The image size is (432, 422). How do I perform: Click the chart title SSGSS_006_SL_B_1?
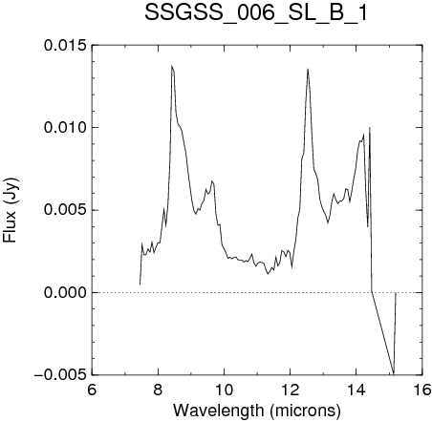coord(256,13)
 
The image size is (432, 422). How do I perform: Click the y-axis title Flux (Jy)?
coord(11,210)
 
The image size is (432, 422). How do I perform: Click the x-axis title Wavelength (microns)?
coord(257,411)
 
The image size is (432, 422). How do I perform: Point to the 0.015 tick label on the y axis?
coord(65,45)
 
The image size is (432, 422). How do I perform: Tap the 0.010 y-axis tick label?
coord(65,128)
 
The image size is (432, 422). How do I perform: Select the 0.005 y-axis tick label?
coord(65,210)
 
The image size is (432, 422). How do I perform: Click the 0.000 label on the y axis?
coord(65,292)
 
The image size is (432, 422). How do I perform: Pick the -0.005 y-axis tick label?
coord(60,375)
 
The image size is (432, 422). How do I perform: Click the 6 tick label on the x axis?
coord(92,390)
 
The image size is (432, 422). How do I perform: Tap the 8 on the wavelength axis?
coord(158,390)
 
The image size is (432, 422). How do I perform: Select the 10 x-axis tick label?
coord(225,390)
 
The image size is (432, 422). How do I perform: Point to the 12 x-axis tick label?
coord(291,390)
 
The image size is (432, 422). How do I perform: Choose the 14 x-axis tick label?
coord(356,390)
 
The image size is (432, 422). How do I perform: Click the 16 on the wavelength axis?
coord(422,390)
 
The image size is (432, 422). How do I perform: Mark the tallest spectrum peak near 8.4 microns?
coord(172,66)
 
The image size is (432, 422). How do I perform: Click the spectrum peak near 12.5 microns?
coord(308,69)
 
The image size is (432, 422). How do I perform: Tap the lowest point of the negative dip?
coord(394,373)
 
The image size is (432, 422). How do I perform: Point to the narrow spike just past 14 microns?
coord(370,128)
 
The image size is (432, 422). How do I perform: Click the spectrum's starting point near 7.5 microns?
coord(140,285)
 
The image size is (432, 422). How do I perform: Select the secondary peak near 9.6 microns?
coord(212,181)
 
